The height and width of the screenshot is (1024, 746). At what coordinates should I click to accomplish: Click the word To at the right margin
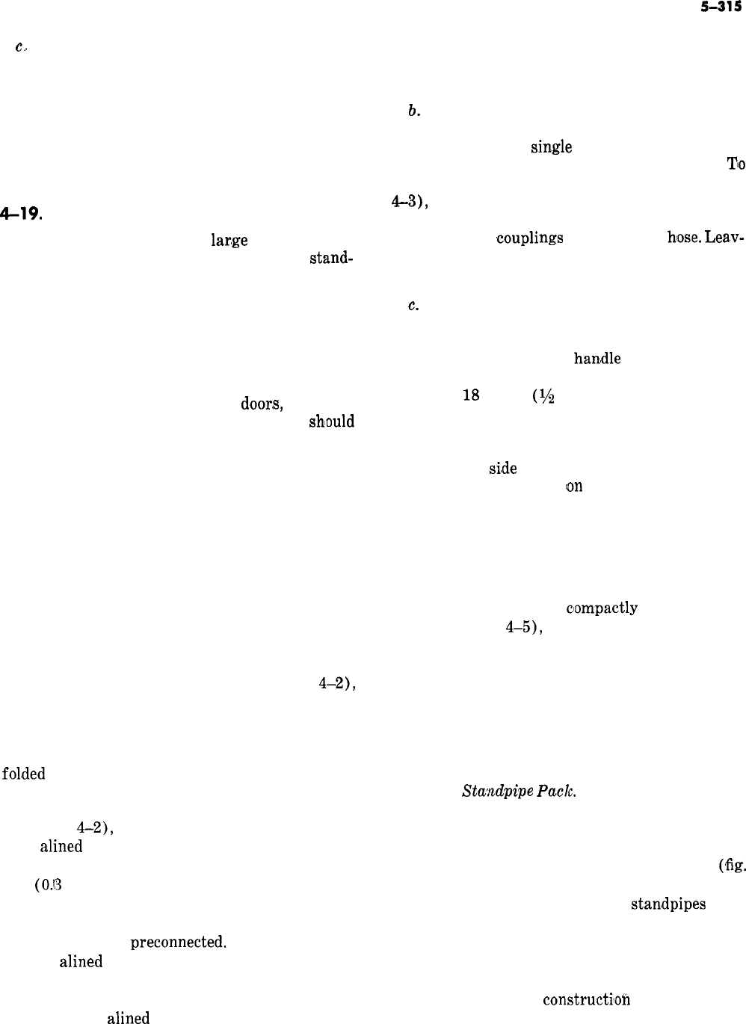tap(736, 164)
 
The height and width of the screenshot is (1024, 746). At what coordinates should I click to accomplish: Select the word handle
tap(597, 359)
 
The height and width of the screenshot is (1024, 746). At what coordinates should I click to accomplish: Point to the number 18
tap(471, 396)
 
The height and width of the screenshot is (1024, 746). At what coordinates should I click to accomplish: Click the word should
tap(331, 422)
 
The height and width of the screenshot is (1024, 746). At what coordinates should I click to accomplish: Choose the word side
tap(502, 468)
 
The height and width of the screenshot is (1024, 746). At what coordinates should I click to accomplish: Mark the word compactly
tap(602, 608)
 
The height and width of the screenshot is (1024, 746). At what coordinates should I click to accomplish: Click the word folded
tap(25, 774)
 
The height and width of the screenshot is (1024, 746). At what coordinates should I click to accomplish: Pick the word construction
tap(585, 999)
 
